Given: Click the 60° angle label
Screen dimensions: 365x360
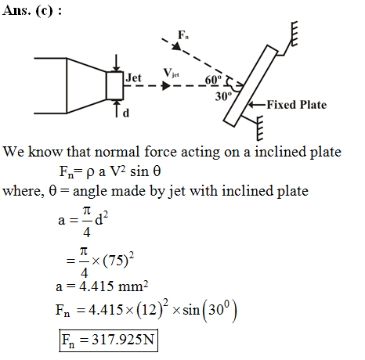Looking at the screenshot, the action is pos(213,80).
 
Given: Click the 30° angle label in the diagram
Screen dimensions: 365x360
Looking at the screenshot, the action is pos(223,96).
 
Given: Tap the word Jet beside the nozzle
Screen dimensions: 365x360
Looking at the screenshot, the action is pos(133,77).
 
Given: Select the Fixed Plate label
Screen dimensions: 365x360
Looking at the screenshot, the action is pos(297,105).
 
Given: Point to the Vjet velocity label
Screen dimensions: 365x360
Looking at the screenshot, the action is pos(171,73).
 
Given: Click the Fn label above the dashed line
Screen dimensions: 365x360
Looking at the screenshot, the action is pos(183,34).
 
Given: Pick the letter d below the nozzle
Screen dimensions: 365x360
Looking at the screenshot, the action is pos(126,113).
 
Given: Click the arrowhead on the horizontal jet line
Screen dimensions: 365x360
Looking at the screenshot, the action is pos(166,85).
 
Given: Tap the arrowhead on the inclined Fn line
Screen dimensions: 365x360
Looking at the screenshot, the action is pos(177,46).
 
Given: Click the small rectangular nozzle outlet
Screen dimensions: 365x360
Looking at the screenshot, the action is pos(114,85).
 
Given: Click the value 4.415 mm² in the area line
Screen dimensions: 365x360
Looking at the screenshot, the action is pos(114,286).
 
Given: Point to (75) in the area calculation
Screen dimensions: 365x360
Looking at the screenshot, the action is pos(115,261).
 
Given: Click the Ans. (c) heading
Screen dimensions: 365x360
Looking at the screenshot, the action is pos(32,10).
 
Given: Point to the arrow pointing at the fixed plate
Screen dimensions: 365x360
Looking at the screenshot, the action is pos(257,105).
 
